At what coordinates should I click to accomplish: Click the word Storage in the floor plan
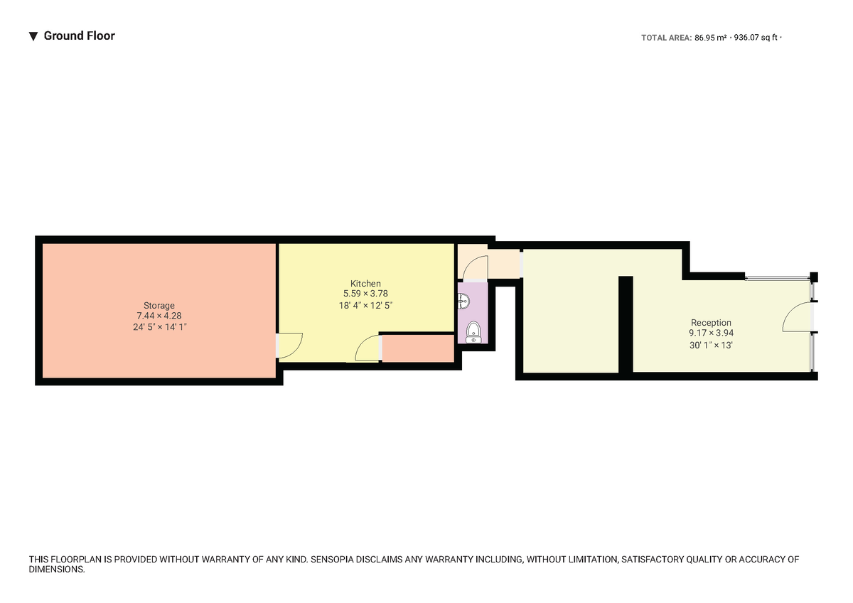(x=159, y=305)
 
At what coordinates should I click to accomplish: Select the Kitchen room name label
(x=365, y=284)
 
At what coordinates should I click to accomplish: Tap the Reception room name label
(x=711, y=323)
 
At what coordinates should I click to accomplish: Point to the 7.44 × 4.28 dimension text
(x=159, y=316)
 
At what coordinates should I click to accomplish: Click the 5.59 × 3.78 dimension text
(x=365, y=294)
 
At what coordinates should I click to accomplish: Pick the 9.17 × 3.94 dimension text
(x=711, y=333)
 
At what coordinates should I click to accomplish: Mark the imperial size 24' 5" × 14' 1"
(x=159, y=327)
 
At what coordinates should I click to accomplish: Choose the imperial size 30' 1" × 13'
(x=711, y=345)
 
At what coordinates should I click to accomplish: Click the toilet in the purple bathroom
(x=473, y=332)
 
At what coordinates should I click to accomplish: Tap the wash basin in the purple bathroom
(x=464, y=301)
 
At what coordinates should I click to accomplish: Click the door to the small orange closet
(x=368, y=349)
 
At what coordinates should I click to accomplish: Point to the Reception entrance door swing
(x=797, y=317)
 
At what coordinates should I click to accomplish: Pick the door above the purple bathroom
(x=474, y=267)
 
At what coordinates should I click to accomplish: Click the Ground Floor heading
(x=79, y=36)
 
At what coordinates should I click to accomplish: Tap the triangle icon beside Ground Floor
(x=33, y=36)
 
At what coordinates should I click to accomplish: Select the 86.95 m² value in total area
(x=710, y=38)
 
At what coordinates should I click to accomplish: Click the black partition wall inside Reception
(x=626, y=324)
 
